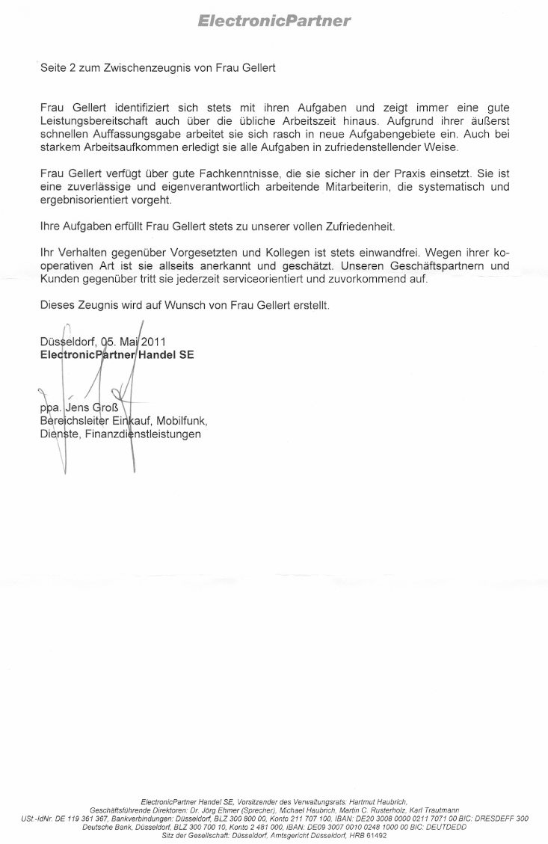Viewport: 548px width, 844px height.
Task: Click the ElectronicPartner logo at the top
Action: [274, 21]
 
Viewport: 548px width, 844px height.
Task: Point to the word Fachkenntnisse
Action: [230, 174]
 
